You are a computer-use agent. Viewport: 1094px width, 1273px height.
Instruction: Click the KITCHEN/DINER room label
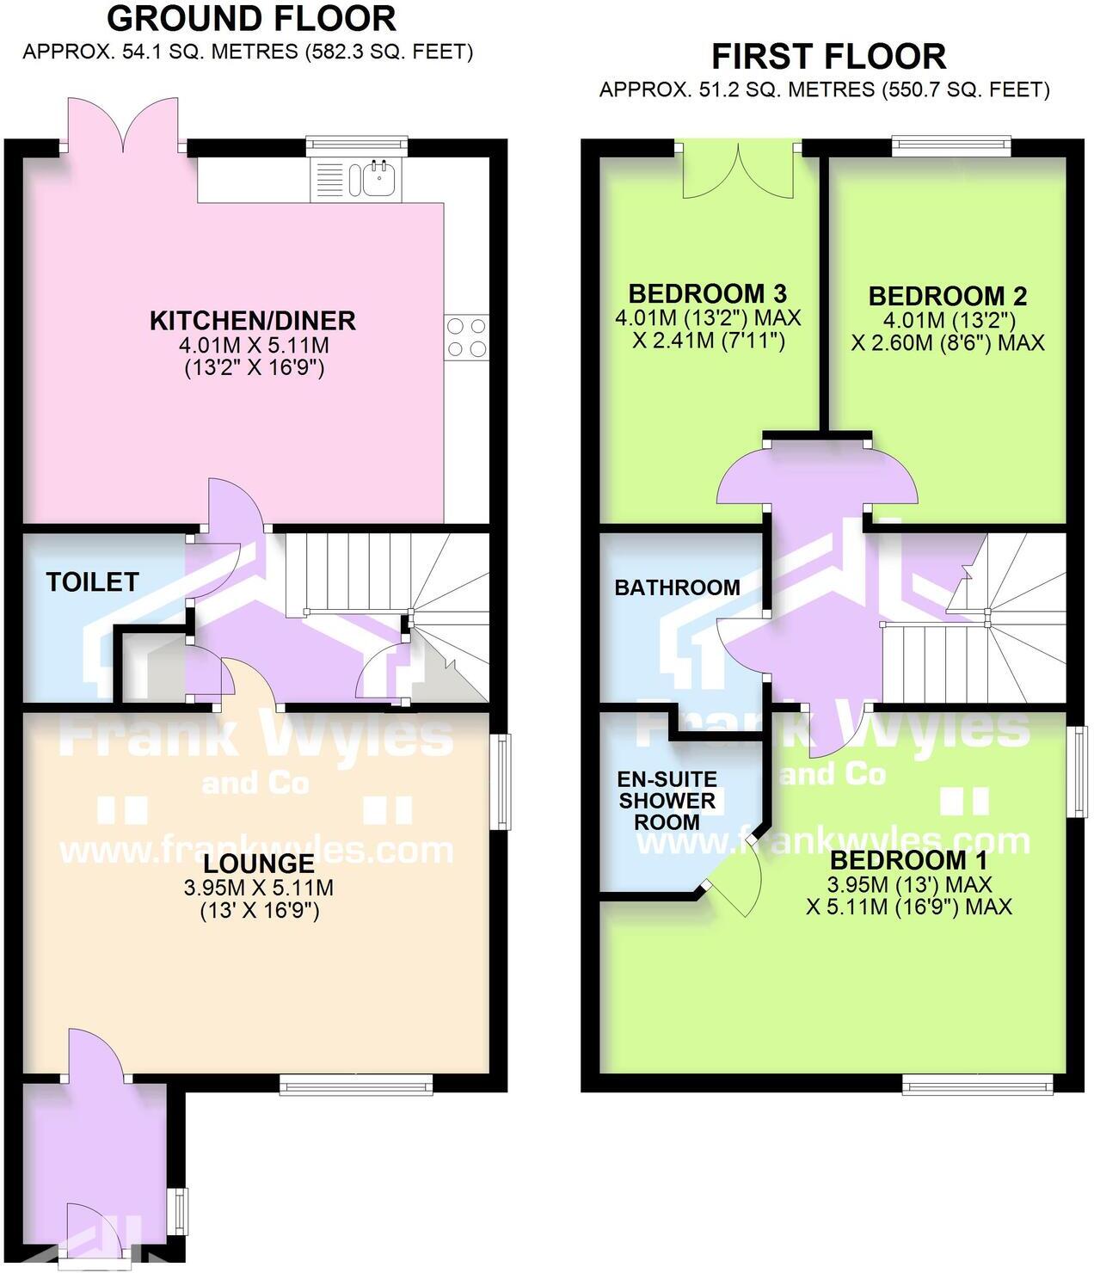252,321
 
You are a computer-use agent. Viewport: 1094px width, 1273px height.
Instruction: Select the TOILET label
92,582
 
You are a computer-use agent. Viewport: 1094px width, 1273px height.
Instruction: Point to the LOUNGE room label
258,863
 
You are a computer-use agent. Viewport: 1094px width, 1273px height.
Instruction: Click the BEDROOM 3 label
707,293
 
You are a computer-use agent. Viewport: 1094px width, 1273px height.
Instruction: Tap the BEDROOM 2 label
947,296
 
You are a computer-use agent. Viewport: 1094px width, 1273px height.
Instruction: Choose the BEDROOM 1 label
908,860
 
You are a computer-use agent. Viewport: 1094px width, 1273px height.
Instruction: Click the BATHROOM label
677,587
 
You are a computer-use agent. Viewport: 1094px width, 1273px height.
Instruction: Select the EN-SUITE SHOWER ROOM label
667,801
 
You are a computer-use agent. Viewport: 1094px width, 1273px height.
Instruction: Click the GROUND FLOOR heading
251,18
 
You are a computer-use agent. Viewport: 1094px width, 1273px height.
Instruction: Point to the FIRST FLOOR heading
828,57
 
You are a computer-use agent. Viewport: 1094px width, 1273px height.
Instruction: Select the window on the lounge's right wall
500,781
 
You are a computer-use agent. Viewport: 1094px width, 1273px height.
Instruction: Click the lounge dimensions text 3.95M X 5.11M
258,888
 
